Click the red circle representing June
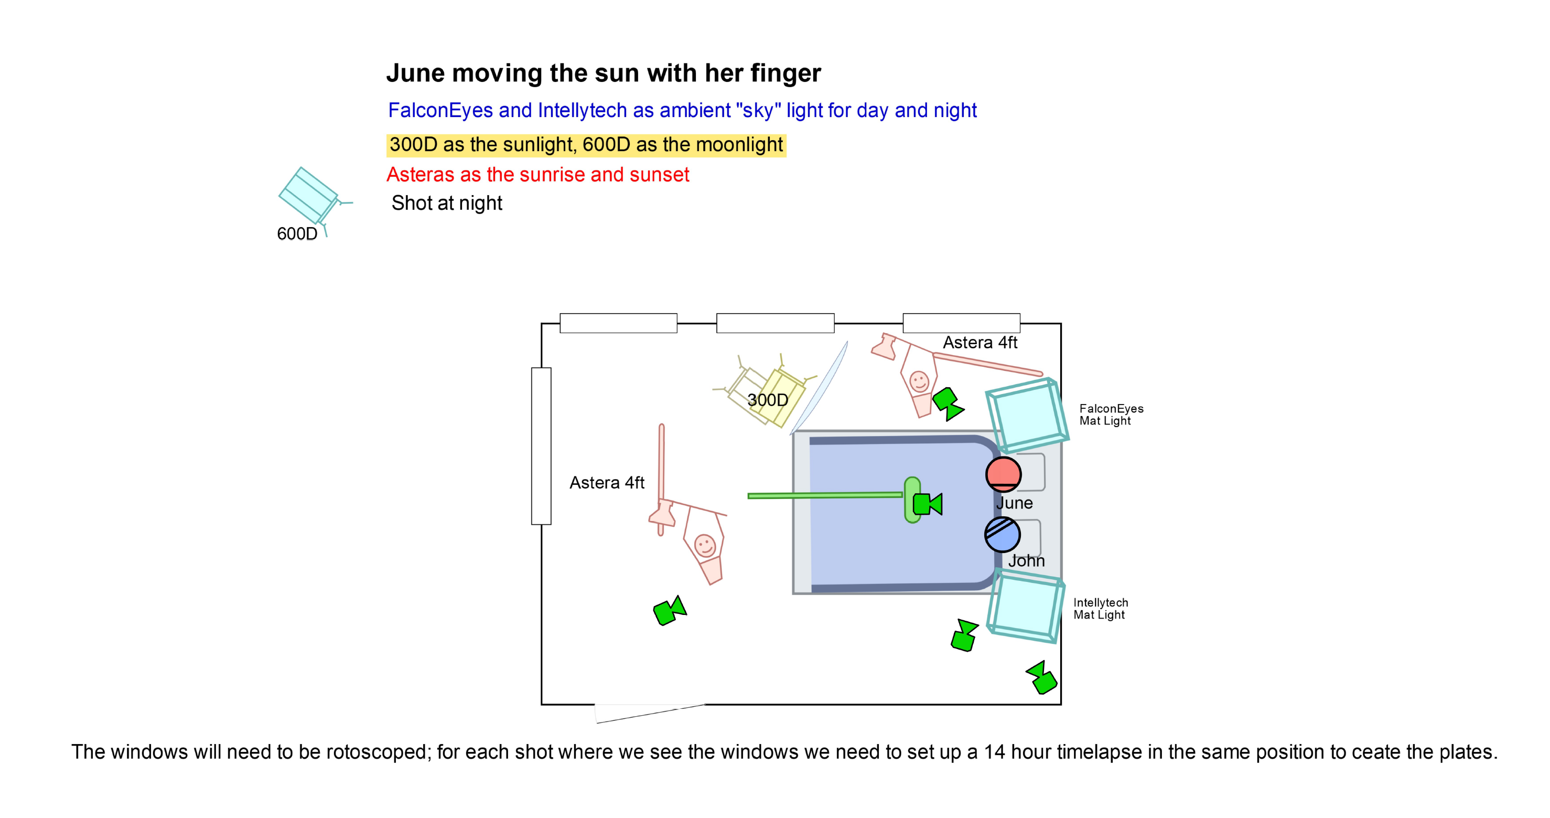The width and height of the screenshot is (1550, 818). [x=1003, y=474]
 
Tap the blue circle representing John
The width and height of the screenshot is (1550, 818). [x=1003, y=535]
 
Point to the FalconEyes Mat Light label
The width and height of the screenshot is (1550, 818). [x=1111, y=415]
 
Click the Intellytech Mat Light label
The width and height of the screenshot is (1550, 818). [x=1101, y=609]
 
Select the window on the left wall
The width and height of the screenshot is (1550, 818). [x=541, y=446]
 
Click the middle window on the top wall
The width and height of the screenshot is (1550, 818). [x=775, y=323]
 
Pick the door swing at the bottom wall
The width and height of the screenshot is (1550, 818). [x=650, y=713]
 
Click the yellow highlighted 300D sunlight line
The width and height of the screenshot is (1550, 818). [x=586, y=145]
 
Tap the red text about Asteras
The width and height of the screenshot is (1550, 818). [x=537, y=175]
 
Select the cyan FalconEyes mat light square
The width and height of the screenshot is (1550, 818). [x=1027, y=416]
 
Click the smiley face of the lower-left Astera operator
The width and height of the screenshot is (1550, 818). [x=705, y=545]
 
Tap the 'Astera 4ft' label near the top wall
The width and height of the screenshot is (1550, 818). [x=979, y=343]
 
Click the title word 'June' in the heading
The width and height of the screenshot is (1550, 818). [x=415, y=73]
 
